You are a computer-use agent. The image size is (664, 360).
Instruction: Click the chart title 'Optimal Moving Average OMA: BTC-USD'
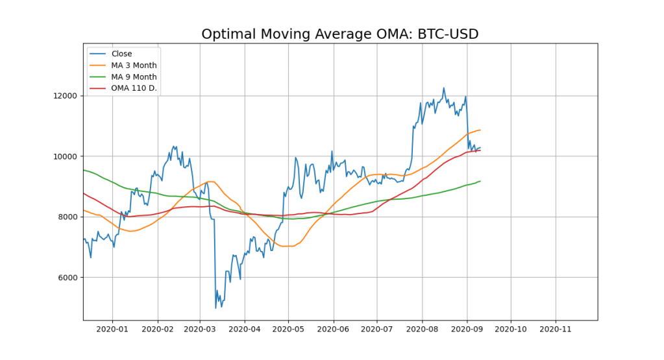click(339, 34)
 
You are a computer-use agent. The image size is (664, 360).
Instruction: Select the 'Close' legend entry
click(121, 54)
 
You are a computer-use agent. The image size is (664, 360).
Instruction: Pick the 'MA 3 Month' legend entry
click(134, 66)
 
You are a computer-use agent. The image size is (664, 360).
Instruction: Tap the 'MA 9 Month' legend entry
click(134, 77)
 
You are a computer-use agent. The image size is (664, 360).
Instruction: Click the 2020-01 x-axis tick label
click(112, 330)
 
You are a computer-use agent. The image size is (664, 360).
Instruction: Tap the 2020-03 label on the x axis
click(200, 330)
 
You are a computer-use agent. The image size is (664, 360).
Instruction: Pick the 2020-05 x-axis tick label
click(289, 330)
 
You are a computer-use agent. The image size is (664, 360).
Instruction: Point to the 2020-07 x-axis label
click(378, 330)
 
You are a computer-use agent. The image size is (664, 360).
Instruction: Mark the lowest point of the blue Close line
click(215, 308)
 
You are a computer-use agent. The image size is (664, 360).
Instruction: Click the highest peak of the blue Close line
click(444, 88)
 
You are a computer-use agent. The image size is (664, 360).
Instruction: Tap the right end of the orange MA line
click(480, 130)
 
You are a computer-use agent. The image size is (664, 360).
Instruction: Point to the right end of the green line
click(480, 181)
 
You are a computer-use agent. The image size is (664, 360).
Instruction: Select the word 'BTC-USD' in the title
click(446, 34)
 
